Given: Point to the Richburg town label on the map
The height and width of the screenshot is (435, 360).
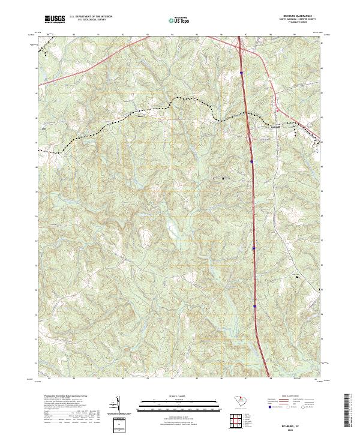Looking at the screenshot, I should click(x=274, y=127).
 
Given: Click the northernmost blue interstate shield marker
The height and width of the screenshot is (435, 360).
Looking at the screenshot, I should click(x=241, y=73).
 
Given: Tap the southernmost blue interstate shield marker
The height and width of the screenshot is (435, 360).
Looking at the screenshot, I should click(x=255, y=306).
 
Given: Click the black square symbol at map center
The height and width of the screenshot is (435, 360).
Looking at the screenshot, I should click(x=223, y=178).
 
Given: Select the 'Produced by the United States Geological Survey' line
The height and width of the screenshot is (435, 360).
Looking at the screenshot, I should click(x=57, y=397).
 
